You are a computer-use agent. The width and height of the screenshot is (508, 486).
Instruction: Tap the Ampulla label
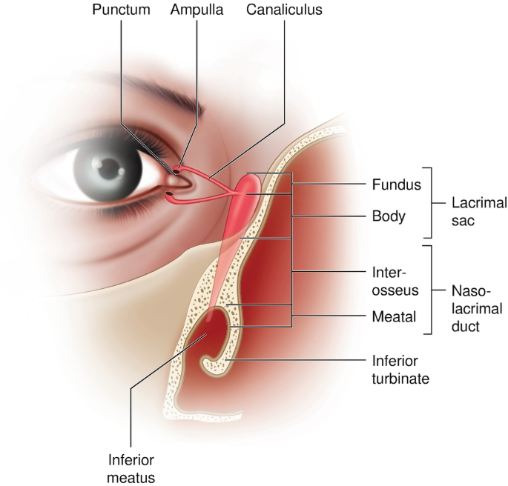pyautogui.click(x=194, y=11)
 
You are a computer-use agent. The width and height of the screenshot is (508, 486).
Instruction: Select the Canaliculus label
pyautogui.click(x=285, y=11)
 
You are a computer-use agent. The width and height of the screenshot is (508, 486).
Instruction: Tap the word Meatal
pyautogui.click(x=392, y=317)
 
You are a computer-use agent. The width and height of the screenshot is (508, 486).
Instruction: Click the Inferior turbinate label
pyautogui.click(x=400, y=369)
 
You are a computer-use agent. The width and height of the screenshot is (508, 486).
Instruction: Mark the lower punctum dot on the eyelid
pyautogui.click(x=170, y=195)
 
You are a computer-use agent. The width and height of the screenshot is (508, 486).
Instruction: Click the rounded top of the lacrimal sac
pyautogui.click(x=252, y=179)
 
